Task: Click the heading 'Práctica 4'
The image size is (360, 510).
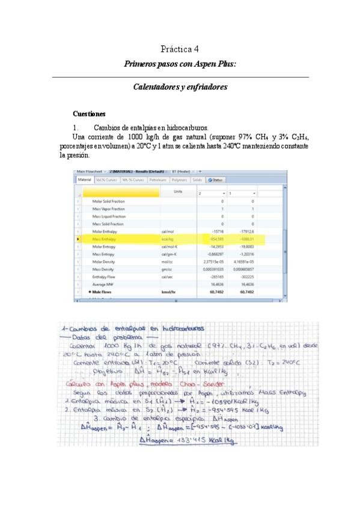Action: tap(180, 49)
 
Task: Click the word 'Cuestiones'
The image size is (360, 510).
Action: tap(89, 114)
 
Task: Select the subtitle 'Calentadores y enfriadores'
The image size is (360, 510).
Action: tap(180, 87)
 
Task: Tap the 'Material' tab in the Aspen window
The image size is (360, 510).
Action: tap(84, 179)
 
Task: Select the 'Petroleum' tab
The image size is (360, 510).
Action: tap(157, 179)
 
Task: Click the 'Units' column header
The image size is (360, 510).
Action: tap(177, 191)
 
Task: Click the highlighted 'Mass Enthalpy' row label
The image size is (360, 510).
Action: tap(105, 239)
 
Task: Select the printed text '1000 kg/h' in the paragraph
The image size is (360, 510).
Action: tap(125, 138)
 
